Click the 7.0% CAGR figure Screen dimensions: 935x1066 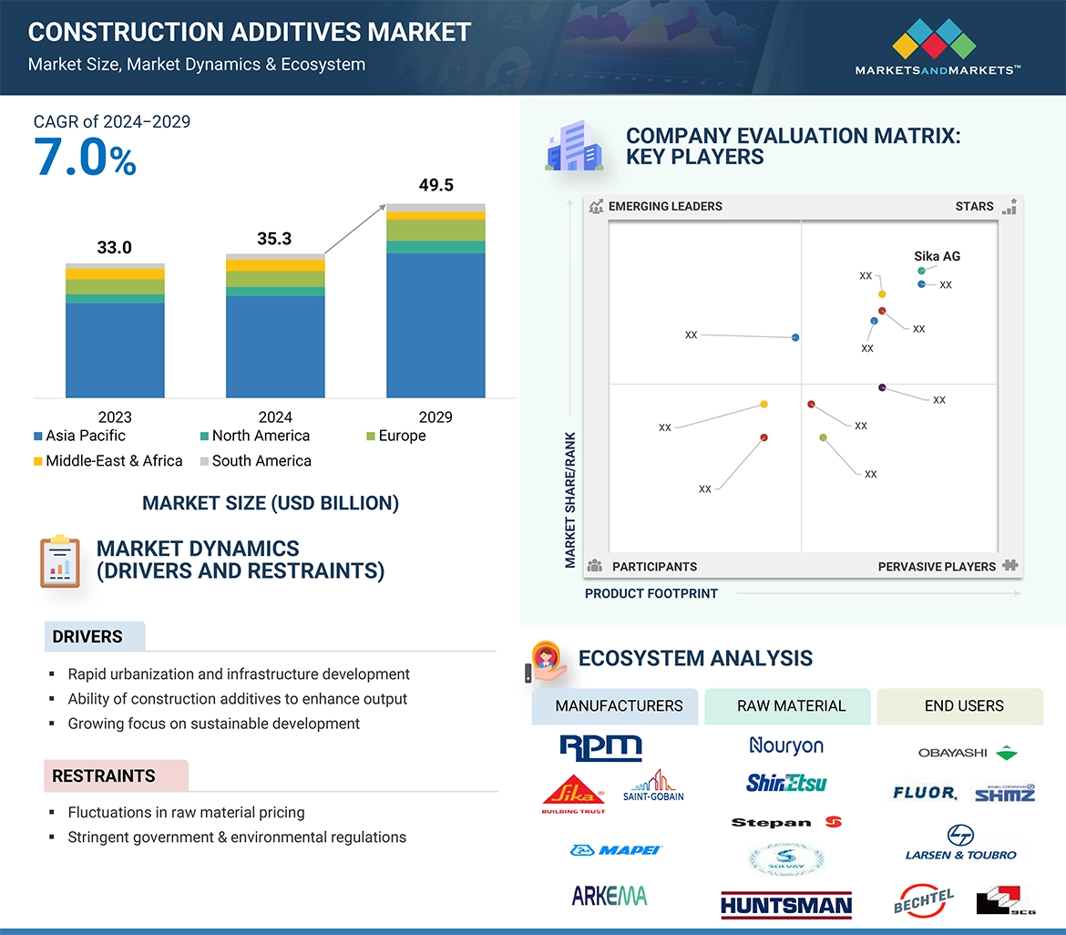pyautogui.click(x=85, y=158)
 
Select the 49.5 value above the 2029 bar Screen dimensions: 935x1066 pyautogui.click(x=436, y=185)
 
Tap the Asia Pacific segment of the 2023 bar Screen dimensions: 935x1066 pyautogui.click(x=115, y=350)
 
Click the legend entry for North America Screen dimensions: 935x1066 pyautogui.click(x=254, y=436)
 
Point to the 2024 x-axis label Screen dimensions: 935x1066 pyautogui.click(x=275, y=417)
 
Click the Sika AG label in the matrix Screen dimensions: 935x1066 pyautogui.click(x=937, y=256)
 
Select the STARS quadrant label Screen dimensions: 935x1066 pyautogui.click(x=974, y=206)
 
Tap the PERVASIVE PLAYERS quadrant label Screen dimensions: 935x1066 pyautogui.click(x=937, y=567)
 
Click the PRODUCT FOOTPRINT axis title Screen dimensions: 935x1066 pyautogui.click(x=651, y=593)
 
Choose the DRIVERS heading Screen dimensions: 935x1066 pyautogui.click(x=87, y=637)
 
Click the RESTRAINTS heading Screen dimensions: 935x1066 pyautogui.click(x=104, y=776)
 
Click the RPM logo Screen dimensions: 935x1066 pyautogui.click(x=600, y=747)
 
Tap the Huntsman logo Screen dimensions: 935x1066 pyautogui.click(x=785, y=904)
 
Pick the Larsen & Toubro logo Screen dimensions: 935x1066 pyautogui.click(x=960, y=843)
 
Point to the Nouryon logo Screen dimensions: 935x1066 pyautogui.click(x=785, y=745)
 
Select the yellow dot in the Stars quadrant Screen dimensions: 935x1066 pyautogui.click(x=882, y=293)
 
